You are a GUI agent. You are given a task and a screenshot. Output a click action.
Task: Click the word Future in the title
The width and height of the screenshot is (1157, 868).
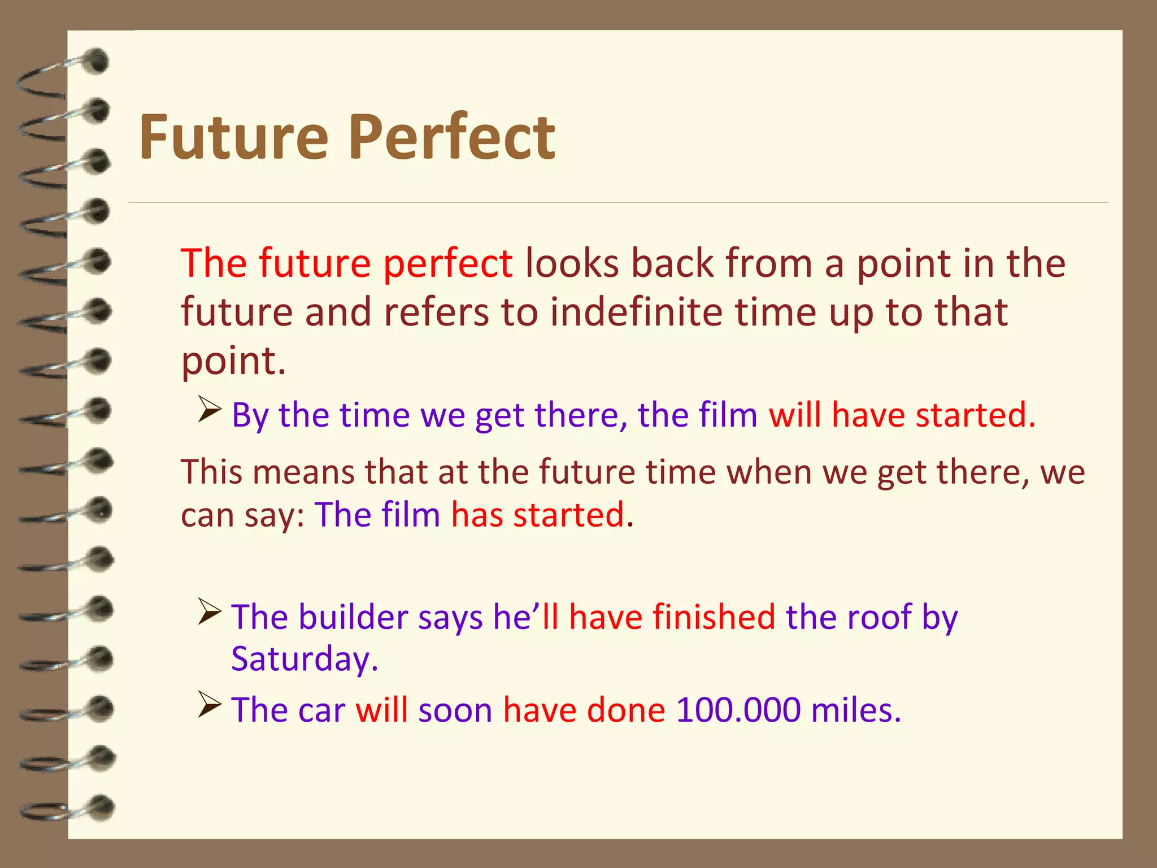(x=233, y=137)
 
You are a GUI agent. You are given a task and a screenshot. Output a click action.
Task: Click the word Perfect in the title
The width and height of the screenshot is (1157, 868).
(x=452, y=137)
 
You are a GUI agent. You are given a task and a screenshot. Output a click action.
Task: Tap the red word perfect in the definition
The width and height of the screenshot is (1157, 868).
(x=447, y=264)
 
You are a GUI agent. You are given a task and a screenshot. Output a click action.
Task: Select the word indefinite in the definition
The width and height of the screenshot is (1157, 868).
(x=636, y=312)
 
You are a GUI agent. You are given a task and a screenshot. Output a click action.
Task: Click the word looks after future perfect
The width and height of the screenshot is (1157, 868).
(x=572, y=263)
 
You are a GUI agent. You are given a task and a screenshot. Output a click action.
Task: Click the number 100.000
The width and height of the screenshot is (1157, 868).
(x=738, y=710)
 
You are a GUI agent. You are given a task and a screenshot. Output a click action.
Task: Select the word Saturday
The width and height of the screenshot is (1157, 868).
(x=304, y=659)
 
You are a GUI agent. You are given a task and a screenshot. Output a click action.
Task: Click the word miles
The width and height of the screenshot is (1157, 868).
(x=855, y=710)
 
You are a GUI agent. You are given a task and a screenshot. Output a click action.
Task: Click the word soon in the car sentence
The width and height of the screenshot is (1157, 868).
(x=455, y=710)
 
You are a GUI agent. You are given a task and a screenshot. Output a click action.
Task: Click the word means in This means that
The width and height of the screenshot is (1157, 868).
(x=303, y=472)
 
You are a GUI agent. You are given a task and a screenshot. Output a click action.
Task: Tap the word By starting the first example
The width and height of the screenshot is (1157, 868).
(x=250, y=416)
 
